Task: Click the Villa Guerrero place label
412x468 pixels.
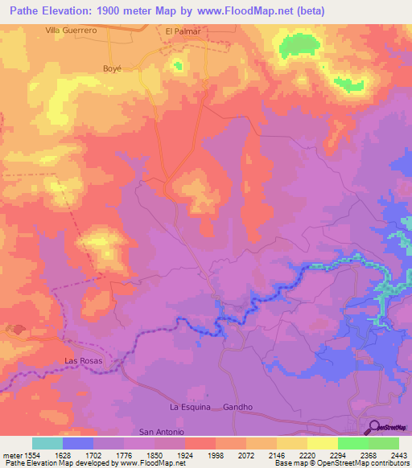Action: (x=71, y=30)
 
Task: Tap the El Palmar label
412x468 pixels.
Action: (x=182, y=31)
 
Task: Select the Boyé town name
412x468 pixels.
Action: (x=111, y=68)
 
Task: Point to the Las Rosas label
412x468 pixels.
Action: (x=84, y=361)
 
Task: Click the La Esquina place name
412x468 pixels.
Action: (x=190, y=407)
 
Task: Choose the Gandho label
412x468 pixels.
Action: (x=238, y=407)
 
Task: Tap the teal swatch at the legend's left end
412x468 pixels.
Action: (x=47, y=443)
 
